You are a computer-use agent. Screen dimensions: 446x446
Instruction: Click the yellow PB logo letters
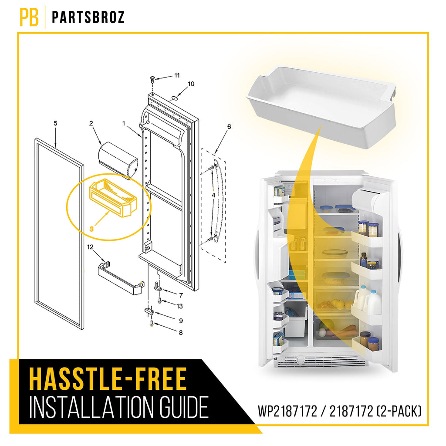pos(29,17)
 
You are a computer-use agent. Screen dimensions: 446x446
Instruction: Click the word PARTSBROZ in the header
pos(88,17)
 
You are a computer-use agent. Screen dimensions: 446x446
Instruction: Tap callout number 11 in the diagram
pos(177,75)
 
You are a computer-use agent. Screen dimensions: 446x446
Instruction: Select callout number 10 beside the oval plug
pos(191,84)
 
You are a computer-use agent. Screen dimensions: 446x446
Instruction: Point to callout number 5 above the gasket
pos(55,123)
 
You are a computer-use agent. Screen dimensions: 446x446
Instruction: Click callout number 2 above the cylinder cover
pos(91,123)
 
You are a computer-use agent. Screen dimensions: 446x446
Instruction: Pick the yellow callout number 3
pos(91,229)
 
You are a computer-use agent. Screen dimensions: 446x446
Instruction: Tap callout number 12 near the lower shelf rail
pos(90,247)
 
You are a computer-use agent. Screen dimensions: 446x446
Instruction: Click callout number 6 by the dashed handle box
pos(229,127)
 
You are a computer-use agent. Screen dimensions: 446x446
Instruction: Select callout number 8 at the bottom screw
pos(181,332)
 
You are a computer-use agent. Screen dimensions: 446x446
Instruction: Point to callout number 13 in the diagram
pos(179,306)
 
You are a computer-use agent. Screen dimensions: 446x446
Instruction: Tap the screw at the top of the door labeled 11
pos(153,79)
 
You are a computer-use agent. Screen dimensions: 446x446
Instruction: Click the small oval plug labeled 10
pos(174,98)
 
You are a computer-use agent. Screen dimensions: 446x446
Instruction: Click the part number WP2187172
pos(287,411)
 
